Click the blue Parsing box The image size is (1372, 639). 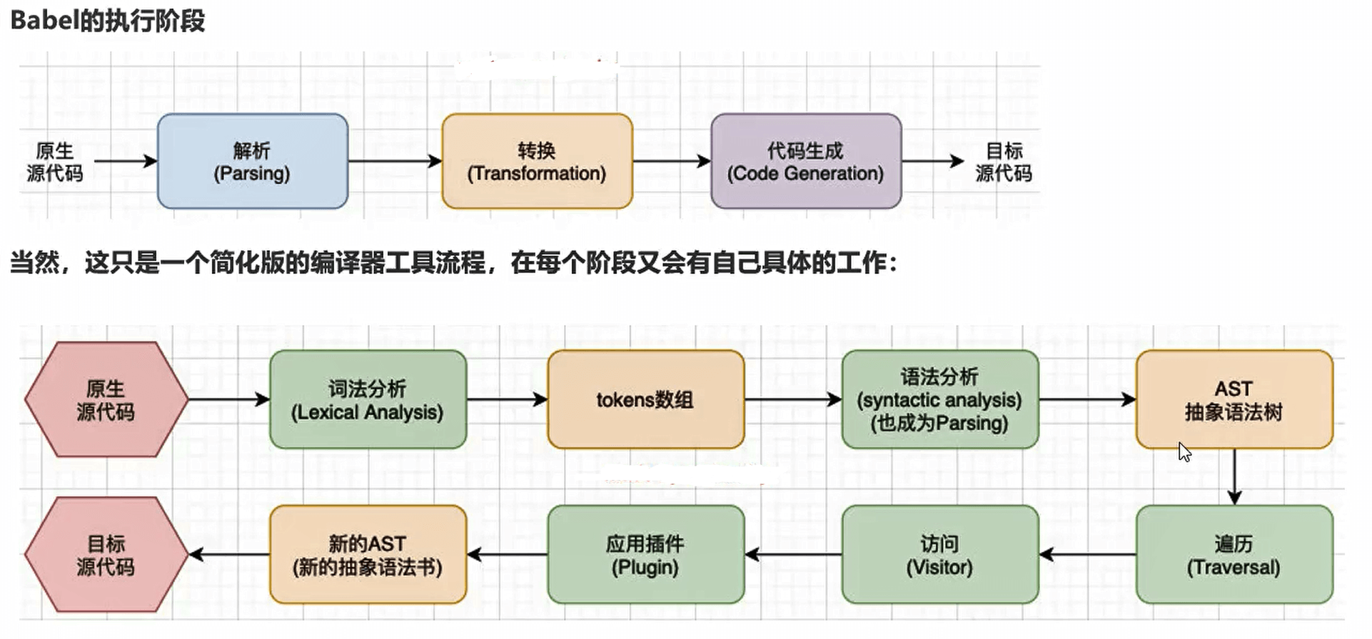click(252, 161)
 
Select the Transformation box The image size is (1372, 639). click(537, 161)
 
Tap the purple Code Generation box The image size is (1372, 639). click(805, 161)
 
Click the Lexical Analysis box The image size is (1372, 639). click(368, 399)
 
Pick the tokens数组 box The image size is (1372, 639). click(645, 399)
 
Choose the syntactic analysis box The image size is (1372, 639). click(939, 399)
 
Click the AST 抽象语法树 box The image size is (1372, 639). click(1234, 399)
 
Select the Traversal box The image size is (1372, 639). click(1234, 555)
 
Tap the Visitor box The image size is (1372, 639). click(939, 555)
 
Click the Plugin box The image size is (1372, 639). click(645, 555)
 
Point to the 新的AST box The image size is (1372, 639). click(368, 555)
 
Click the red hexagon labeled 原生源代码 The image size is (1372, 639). click(106, 399)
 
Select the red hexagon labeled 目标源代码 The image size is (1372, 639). click(106, 555)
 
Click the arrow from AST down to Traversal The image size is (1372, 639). click(1234, 476)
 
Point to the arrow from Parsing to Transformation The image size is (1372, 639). click(395, 161)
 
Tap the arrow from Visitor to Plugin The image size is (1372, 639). click(793, 554)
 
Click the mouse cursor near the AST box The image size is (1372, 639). click(1184, 451)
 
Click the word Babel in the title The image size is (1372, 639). click(44, 20)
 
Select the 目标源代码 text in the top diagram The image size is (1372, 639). click(1004, 162)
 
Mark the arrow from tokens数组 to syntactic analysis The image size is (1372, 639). click(793, 399)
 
